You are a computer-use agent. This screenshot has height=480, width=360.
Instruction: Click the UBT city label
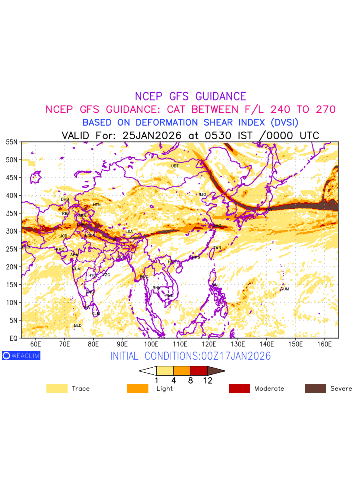click(x=175, y=166)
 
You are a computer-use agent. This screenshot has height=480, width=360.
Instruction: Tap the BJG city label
click(x=202, y=195)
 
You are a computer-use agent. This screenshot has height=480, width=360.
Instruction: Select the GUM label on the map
click(x=284, y=289)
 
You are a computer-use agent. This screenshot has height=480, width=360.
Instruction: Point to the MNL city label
click(x=216, y=285)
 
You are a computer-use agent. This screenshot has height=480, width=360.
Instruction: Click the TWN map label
click(x=217, y=248)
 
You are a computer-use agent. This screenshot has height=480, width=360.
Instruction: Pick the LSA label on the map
click(x=129, y=232)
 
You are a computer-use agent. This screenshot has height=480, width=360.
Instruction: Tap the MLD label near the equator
click(x=78, y=326)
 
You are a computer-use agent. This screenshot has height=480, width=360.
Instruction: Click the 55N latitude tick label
click(x=12, y=142)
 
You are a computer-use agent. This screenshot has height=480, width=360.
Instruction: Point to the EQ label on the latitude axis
click(x=13, y=338)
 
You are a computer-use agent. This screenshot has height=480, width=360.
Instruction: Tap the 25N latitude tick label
click(x=12, y=249)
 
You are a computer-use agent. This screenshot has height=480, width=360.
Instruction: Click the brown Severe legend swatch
click(x=315, y=388)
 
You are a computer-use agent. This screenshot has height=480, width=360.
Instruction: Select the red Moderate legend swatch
click(x=239, y=388)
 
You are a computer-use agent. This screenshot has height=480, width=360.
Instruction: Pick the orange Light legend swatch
click(x=138, y=388)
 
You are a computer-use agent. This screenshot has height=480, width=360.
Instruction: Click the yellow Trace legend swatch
click(x=57, y=388)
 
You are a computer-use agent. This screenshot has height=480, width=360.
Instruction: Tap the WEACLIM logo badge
click(x=21, y=356)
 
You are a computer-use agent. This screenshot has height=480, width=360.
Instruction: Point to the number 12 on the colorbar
click(x=207, y=381)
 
